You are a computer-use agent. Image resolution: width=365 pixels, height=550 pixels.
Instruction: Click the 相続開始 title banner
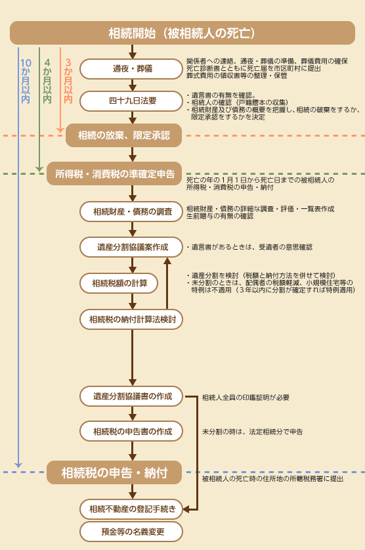(182, 33)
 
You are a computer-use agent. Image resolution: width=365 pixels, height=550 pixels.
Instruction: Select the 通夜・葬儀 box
(131, 69)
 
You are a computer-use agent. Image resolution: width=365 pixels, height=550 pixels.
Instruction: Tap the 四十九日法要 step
(131, 101)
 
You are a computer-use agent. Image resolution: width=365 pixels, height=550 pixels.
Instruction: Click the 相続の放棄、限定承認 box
(123, 135)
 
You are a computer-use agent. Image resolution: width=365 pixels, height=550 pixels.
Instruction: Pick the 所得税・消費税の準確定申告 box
(114, 173)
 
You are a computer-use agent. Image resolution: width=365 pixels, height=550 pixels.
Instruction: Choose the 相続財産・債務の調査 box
(131, 212)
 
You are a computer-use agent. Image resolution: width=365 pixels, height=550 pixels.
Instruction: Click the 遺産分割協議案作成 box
(131, 247)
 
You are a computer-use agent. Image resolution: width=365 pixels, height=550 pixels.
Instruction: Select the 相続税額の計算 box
(119, 283)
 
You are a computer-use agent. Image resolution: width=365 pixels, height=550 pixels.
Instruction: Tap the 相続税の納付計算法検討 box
(131, 319)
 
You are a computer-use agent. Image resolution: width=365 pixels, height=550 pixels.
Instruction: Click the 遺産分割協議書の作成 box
(131, 396)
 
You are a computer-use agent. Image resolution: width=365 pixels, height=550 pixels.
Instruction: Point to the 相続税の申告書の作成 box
(131, 431)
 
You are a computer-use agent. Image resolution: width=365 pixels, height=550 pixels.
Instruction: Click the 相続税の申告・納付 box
(114, 472)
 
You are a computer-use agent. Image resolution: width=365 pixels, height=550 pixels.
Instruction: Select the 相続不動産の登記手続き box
(131, 509)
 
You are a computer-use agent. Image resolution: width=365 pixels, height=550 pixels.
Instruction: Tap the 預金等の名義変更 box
(131, 532)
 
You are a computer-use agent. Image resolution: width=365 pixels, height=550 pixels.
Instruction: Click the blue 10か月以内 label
(26, 81)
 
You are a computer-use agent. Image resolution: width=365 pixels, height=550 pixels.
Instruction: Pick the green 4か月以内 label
(47, 81)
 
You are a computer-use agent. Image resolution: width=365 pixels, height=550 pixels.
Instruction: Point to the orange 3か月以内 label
(68, 81)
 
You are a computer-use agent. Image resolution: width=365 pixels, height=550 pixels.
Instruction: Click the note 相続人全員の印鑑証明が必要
(246, 398)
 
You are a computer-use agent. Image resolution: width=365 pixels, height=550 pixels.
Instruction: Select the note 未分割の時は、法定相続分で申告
(252, 432)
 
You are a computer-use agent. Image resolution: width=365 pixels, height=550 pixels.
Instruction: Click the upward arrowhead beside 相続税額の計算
(167, 261)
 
